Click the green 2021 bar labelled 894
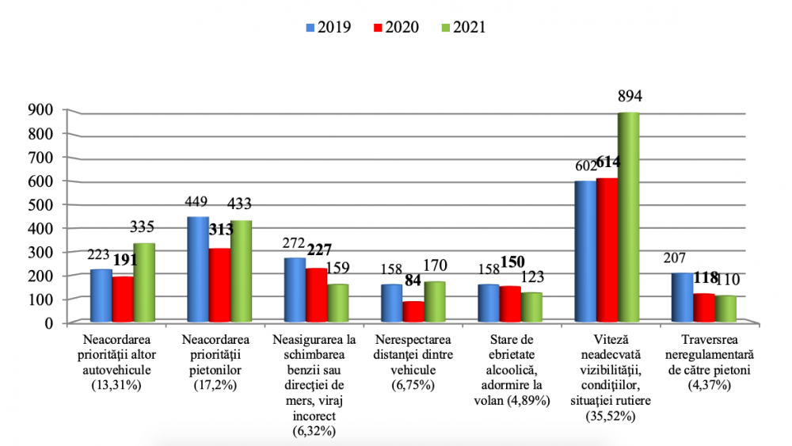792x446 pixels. point(628,217)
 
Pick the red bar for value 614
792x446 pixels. point(607,250)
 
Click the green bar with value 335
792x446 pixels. point(144,282)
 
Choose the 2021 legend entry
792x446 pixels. point(461,27)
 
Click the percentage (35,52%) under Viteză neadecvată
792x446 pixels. point(610,416)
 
